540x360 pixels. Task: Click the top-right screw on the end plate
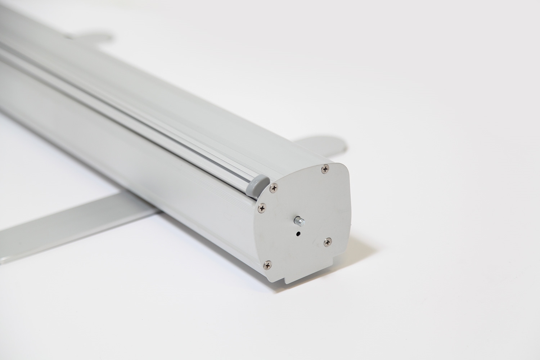pos(326,168)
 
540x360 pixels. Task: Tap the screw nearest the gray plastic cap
pos(275,187)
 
